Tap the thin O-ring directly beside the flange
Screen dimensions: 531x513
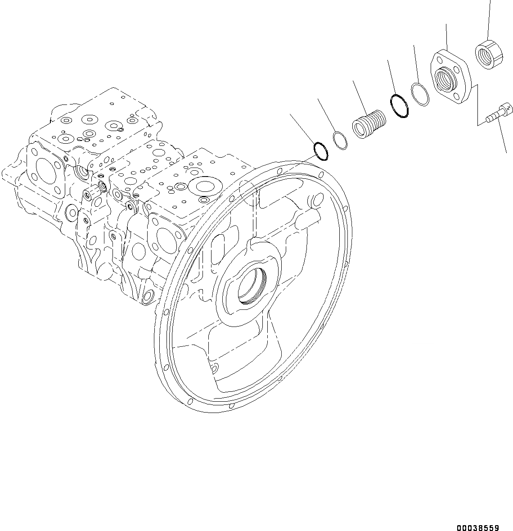click(420, 95)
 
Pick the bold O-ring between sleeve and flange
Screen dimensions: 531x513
click(399, 105)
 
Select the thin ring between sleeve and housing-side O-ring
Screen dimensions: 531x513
click(341, 141)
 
